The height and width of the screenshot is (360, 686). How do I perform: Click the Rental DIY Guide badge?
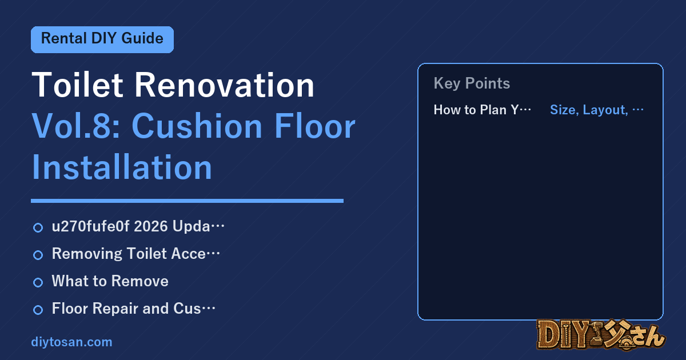pyautogui.click(x=102, y=39)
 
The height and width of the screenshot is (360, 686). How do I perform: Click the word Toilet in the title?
pyautogui.click(x=78, y=85)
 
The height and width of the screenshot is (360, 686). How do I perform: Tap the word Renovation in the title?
pyautogui.click(x=225, y=85)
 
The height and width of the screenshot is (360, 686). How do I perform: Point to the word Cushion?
pyautogui.click(x=197, y=126)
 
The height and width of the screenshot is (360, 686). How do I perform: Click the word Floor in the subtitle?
pyautogui.click(x=315, y=126)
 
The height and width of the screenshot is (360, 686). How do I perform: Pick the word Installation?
pyautogui.click(x=122, y=167)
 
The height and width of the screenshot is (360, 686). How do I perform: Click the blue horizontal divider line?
pyautogui.click(x=187, y=201)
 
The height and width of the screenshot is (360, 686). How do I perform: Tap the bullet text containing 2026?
pyautogui.click(x=138, y=226)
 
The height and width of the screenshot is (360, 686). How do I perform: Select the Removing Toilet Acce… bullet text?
pyautogui.click(x=136, y=254)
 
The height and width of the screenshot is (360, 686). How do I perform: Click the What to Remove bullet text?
pyautogui.click(x=110, y=281)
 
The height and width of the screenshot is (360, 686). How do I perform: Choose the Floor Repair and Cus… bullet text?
pyautogui.click(x=134, y=308)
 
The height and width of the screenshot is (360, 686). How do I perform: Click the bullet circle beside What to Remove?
pyautogui.click(x=38, y=282)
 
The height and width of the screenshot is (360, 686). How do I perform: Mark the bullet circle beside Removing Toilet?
pyautogui.click(x=38, y=255)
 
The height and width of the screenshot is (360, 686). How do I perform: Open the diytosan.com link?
pyautogui.click(x=71, y=342)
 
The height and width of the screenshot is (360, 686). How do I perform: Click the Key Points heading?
pyautogui.click(x=472, y=83)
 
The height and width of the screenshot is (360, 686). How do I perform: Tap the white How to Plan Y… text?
pyautogui.click(x=482, y=110)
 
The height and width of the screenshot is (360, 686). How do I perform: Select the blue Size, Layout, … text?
pyautogui.click(x=597, y=110)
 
